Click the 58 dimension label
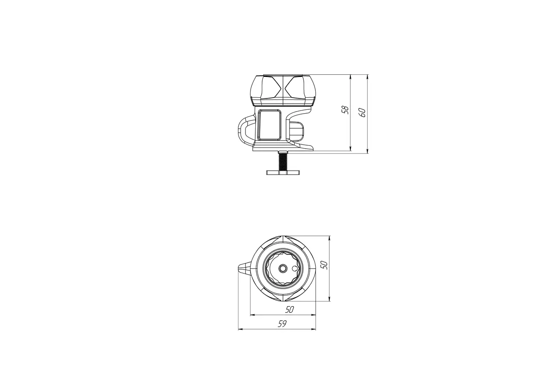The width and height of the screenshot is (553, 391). coord(346,110)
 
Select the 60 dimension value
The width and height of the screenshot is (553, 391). coord(363,113)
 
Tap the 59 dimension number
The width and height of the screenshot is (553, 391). coord(282,324)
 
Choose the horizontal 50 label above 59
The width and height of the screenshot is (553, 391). coord(289,309)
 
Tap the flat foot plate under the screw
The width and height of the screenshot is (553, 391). coord(283,172)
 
